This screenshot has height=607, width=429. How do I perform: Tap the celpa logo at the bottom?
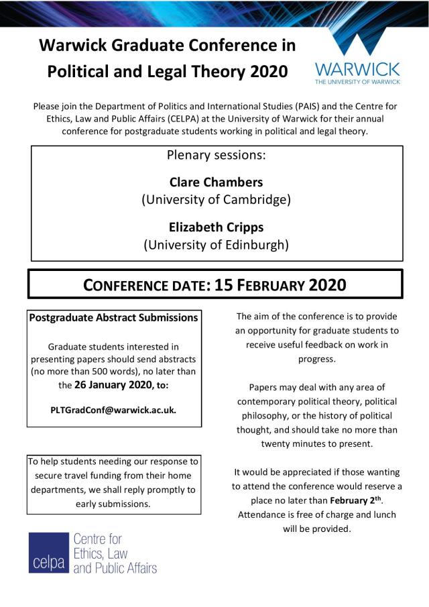[x=93, y=553]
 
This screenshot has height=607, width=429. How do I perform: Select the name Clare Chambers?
[x=216, y=182]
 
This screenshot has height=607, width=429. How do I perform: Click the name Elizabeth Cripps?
[x=216, y=227]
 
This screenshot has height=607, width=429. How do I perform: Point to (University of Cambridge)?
[x=216, y=199]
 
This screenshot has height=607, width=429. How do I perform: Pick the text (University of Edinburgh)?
[x=216, y=245]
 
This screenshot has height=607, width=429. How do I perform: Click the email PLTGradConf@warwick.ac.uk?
[x=114, y=409]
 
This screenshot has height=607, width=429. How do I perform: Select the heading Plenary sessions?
[x=216, y=156]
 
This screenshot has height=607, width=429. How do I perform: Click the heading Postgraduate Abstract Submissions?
[x=114, y=317]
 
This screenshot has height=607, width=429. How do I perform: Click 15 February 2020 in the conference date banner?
[x=280, y=284]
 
